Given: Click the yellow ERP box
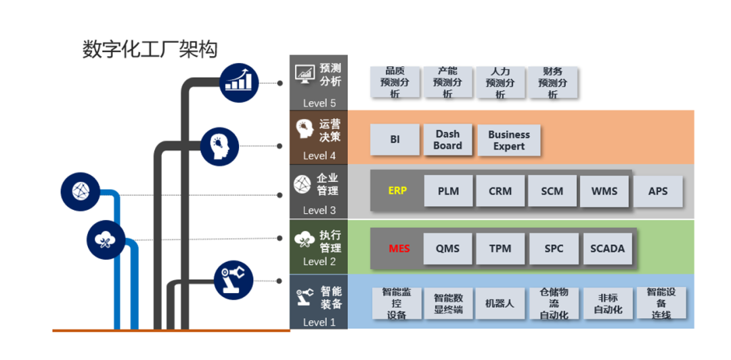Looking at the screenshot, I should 397,191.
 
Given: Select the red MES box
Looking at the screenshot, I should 399,248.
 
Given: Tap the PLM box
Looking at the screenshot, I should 448,191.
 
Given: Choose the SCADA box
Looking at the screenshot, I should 607,248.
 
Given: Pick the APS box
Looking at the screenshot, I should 657,191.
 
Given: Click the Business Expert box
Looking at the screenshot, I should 509,141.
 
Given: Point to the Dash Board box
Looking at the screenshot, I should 447,140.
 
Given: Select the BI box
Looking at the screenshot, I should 395,139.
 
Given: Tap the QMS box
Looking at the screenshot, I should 447,248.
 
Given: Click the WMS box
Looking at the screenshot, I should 604,191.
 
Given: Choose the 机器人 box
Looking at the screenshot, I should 500,304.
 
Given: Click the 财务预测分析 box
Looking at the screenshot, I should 552,83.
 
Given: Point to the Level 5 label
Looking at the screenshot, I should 319,103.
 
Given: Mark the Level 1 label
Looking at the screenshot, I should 319,322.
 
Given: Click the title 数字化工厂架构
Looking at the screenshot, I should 150,49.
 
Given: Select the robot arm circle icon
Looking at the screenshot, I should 234,280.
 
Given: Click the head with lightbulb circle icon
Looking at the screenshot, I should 220,145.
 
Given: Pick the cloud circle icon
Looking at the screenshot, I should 106,239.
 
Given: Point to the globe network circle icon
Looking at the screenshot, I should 80,192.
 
